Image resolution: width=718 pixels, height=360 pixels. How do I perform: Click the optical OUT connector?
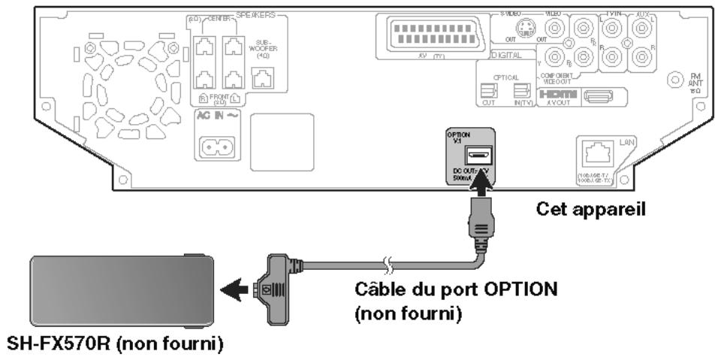point(488,91)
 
